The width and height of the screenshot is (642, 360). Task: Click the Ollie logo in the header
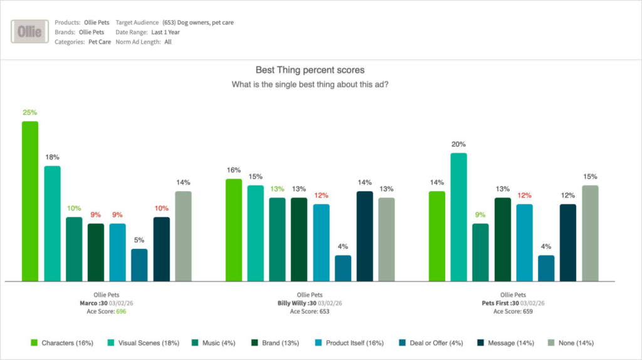tap(30, 32)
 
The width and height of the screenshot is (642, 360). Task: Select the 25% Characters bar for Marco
tap(30, 201)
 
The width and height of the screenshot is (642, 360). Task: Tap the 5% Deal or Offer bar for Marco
tap(139, 265)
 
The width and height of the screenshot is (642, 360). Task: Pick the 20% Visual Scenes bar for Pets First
tap(459, 216)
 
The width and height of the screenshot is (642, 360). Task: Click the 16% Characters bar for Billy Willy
tap(234, 230)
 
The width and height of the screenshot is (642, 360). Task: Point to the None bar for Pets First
tap(590, 233)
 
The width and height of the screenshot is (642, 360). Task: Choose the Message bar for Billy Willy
tap(364, 236)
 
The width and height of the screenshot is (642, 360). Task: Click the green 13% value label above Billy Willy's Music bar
tap(277, 189)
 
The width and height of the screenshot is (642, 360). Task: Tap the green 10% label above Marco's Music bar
tap(74, 208)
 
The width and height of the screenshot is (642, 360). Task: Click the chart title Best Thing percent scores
tap(310, 70)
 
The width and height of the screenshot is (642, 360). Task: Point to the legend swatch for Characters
tap(34, 343)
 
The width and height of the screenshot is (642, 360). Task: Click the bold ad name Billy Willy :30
tap(296, 303)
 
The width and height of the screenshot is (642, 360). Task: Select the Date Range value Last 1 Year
tap(166, 32)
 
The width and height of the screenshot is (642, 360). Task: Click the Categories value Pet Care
tap(98, 42)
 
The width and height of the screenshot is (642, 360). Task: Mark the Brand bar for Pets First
tap(502, 239)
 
